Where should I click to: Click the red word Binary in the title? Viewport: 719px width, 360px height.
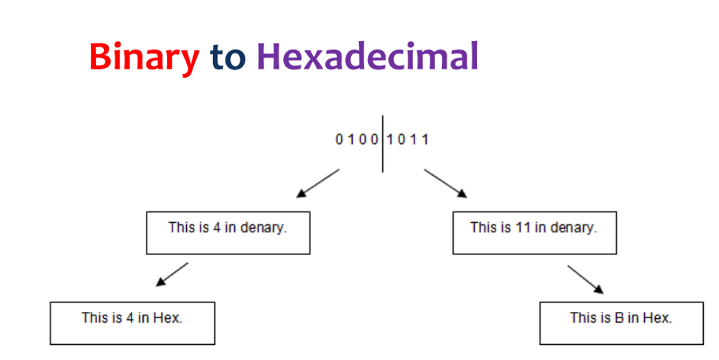144,57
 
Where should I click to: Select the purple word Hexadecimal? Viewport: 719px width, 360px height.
368,56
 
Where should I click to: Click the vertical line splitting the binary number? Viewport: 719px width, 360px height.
382,144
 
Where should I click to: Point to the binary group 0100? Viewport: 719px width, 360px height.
357,139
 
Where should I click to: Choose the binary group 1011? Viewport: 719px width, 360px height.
408,139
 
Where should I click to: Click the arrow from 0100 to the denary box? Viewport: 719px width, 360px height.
318,183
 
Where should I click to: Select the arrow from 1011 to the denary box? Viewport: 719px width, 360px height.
445,183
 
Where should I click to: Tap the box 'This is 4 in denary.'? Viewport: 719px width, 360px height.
228,232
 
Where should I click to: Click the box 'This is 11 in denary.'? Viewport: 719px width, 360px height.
535,232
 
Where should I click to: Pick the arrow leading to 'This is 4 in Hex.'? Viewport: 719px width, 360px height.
172,274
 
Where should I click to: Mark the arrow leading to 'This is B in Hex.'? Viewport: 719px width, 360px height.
586,280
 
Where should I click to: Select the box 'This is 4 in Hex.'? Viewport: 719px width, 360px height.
133,323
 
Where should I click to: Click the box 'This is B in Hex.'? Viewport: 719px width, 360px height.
621,323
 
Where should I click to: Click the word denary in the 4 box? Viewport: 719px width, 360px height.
263,228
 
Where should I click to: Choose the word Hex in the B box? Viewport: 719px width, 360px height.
657,317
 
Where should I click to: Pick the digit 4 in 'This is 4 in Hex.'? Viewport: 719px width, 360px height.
130,317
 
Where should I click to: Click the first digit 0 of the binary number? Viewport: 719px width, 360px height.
340,139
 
